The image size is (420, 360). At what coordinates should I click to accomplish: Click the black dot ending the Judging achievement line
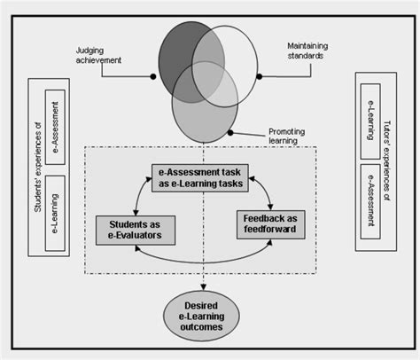pyautogui.click(x=154, y=78)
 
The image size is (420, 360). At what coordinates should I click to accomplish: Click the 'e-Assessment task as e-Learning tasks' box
pyautogui.click(x=198, y=176)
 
